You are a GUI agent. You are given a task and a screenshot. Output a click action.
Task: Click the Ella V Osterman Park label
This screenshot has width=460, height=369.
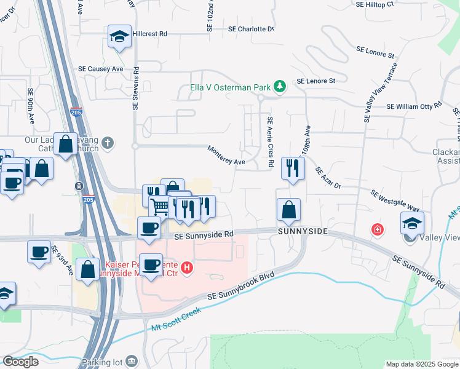click(x=234, y=87)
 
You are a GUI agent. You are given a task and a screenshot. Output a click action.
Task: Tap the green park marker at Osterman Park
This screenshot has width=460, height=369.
click(x=280, y=85)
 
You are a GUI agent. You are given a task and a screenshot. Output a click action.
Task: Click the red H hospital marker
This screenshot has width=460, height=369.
click(x=188, y=268)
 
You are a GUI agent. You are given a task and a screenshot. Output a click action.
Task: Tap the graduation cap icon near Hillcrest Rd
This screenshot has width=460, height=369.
click(x=119, y=36)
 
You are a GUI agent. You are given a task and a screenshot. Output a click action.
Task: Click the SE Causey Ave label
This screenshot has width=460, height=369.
click(x=100, y=69)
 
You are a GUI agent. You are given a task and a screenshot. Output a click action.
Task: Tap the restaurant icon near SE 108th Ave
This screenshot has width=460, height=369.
click(x=293, y=167)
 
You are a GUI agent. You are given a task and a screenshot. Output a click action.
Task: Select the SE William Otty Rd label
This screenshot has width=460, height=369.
click(x=414, y=106)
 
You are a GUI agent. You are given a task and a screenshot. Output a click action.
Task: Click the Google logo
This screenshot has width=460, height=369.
click(x=20, y=362)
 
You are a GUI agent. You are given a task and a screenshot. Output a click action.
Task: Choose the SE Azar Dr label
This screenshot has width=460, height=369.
click(x=328, y=178)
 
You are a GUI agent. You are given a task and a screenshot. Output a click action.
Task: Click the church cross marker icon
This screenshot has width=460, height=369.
click(x=108, y=144)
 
